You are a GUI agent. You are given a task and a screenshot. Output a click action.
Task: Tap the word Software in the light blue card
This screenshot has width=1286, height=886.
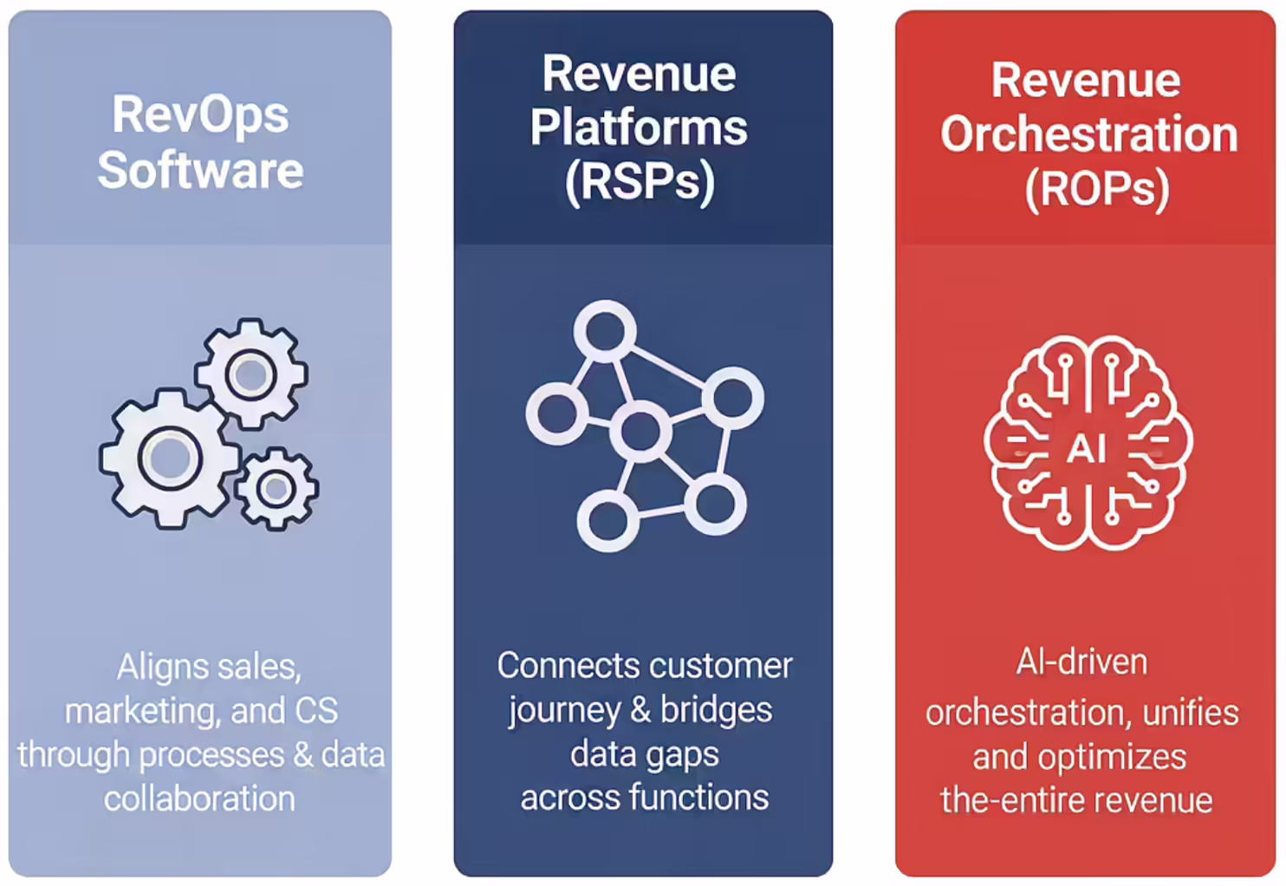[x=200, y=170]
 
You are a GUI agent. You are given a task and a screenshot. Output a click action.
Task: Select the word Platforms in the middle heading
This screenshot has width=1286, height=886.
[x=639, y=127]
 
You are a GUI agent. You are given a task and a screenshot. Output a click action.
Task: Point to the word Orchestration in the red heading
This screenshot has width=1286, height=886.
[x=1089, y=134]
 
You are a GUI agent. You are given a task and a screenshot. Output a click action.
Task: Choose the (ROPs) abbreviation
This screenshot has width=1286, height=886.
[x=1097, y=190]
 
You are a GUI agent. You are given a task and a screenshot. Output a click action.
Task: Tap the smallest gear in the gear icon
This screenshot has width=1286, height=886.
[x=276, y=489]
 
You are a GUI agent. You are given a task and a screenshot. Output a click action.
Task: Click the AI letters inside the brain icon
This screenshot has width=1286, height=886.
[x=1088, y=448]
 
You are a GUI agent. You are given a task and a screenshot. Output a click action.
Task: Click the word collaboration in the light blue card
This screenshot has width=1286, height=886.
[x=200, y=798]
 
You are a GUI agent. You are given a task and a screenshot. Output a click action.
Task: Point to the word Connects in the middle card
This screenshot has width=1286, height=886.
[x=569, y=666]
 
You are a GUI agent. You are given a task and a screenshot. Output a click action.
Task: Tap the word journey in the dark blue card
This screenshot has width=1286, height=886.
[x=565, y=712]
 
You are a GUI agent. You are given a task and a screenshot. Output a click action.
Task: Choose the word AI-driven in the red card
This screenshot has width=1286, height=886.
[x=1082, y=662]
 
